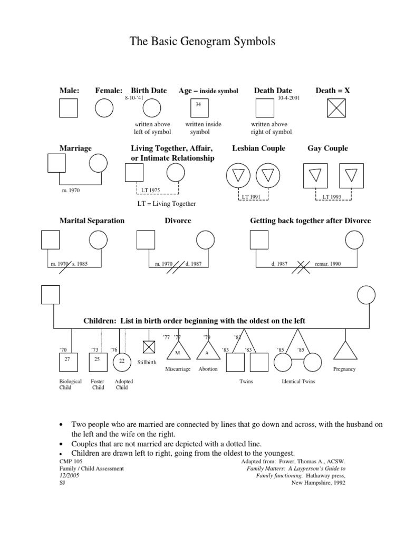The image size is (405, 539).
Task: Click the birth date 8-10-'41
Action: tap(134, 98)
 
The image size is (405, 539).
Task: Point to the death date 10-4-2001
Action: tap(288, 98)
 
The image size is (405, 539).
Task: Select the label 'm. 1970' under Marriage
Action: tap(71, 190)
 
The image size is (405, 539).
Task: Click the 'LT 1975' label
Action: tap(150, 190)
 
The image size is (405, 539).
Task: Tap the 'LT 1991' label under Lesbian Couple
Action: tap(252, 196)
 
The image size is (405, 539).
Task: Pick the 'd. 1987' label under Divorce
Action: tap(194, 263)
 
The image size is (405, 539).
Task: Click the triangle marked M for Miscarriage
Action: tap(177, 351)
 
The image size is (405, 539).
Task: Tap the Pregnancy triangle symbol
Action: tap(345, 351)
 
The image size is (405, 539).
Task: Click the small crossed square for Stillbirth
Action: tap(149, 347)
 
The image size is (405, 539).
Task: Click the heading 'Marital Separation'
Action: tap(92, 221)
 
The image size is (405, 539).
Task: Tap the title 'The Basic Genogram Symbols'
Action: tap(202, 42)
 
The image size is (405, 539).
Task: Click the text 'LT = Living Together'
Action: tap(166, 204)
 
